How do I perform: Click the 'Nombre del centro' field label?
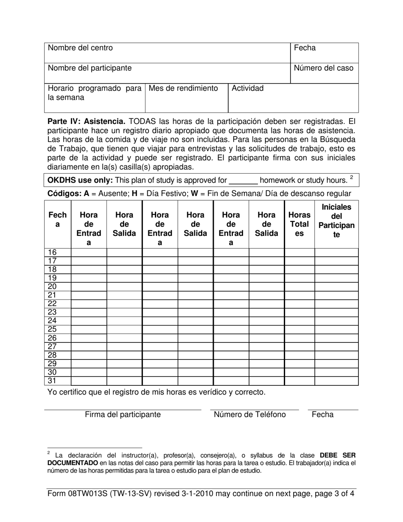(80, 48)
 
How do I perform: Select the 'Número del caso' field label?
(324, 68)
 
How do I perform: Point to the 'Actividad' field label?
(248, 89)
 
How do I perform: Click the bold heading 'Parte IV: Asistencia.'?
(86, 122)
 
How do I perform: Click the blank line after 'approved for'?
(243, 181)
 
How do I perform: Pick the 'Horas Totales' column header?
(299, 224)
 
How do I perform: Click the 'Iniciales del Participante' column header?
(336, 220)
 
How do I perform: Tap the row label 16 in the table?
(52, 253)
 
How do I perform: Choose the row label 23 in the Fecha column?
(52, 312)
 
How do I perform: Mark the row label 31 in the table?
(52, 381)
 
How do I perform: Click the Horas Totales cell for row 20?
(299, 286)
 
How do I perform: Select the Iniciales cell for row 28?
(336, 355)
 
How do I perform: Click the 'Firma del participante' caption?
(123, 415)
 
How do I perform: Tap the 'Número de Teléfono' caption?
(249, 415)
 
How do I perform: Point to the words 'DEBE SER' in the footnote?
(338, 455)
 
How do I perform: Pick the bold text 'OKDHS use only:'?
(80, 181)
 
